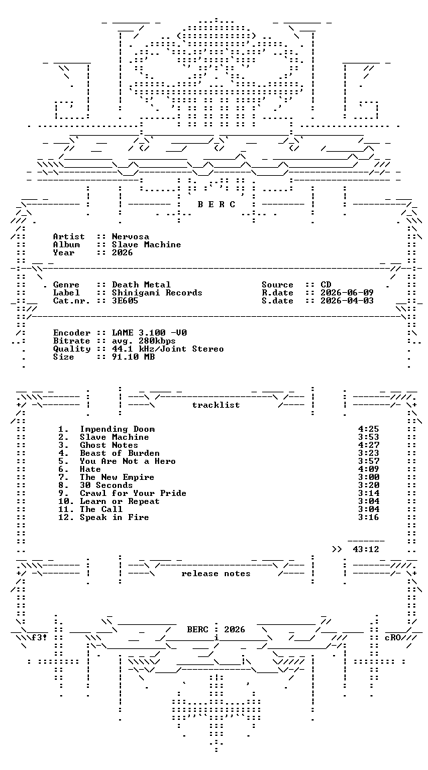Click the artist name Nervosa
tap(130, 237)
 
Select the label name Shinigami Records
tap(156, 293)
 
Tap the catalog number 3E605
tap(125, 301)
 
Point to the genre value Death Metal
tap(141, 285)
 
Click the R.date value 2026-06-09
tap(347, 293)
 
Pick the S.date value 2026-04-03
tap(347, 301)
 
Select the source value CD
tap(326, 285)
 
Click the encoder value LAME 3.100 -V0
tap(149, 333)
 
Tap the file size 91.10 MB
tap(133, 357)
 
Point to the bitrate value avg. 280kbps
tap(144, 341)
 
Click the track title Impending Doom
tap(117, 429)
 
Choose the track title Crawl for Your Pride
tap(132, 493)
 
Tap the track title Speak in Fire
tap(114, 517)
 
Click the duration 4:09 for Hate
tap(368, 469)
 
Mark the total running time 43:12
tap(366, 549)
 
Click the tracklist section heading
tap(216, 405)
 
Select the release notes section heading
tap(216, 573)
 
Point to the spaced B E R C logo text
tap(216, 205)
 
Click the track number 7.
tap(64, 477)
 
